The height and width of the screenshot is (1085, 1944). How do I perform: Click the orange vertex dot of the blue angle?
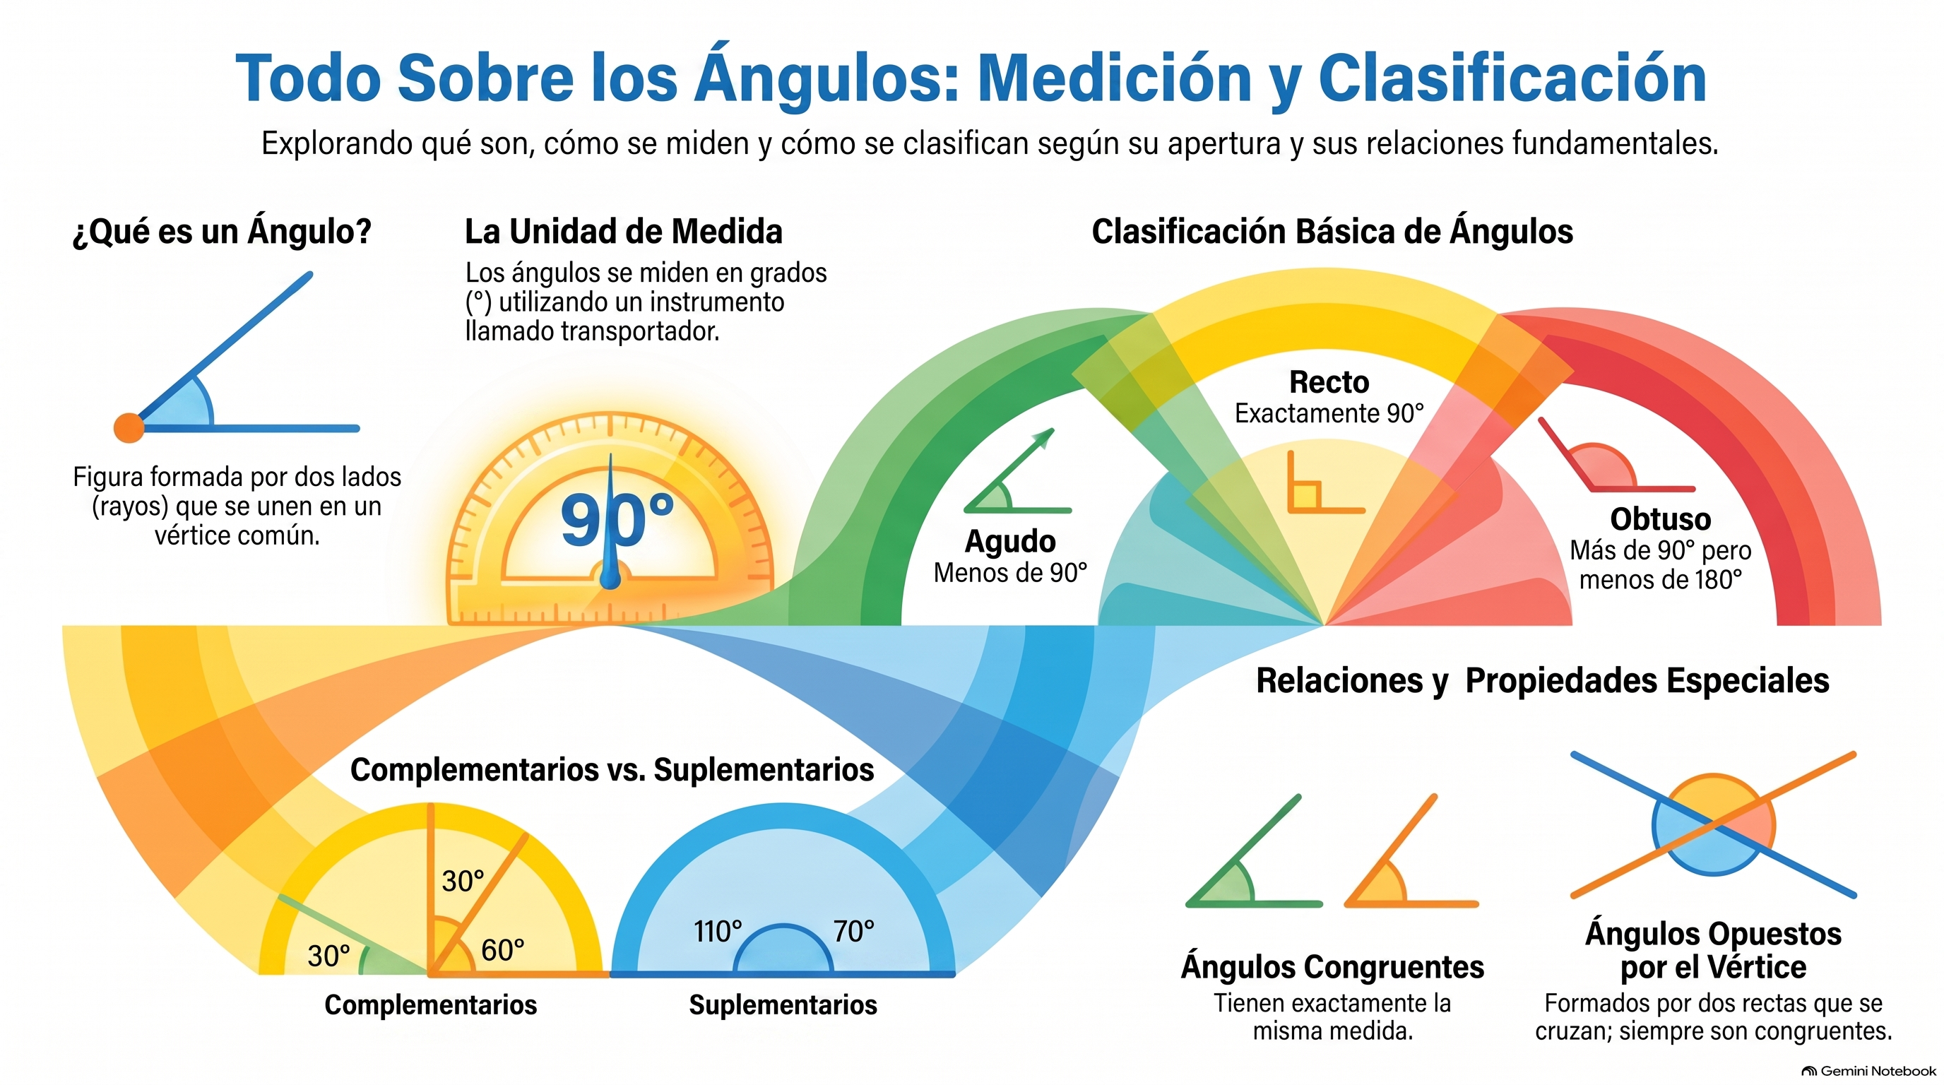point(129,428)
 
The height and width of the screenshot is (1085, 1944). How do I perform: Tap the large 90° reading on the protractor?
point(617,519)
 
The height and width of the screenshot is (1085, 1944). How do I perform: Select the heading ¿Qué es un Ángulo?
point(222,232)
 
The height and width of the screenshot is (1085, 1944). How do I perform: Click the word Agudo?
point(1009,542)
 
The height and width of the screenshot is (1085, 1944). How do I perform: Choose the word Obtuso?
point(1660,519)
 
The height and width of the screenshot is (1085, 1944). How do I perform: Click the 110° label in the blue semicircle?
point(718,932)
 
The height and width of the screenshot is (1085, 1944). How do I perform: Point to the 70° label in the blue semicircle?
point(853,932)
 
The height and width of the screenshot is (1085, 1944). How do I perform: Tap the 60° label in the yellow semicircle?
point(503,950)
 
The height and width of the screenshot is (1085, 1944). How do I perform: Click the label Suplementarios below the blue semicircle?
point(783,1005)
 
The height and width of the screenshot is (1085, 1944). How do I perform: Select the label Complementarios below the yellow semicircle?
point(430,1005)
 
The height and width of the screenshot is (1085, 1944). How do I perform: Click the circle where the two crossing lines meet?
point(1713,824)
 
